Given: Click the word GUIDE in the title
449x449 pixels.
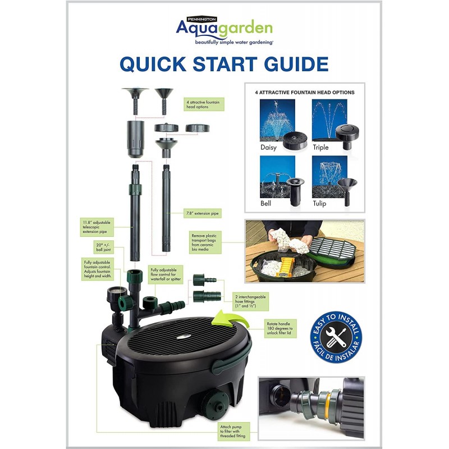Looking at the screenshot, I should (287, 64).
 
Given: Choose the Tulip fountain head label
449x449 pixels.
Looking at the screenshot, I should (321, 203).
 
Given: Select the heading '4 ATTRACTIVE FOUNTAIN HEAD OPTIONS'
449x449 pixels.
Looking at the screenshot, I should (304, 93).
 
